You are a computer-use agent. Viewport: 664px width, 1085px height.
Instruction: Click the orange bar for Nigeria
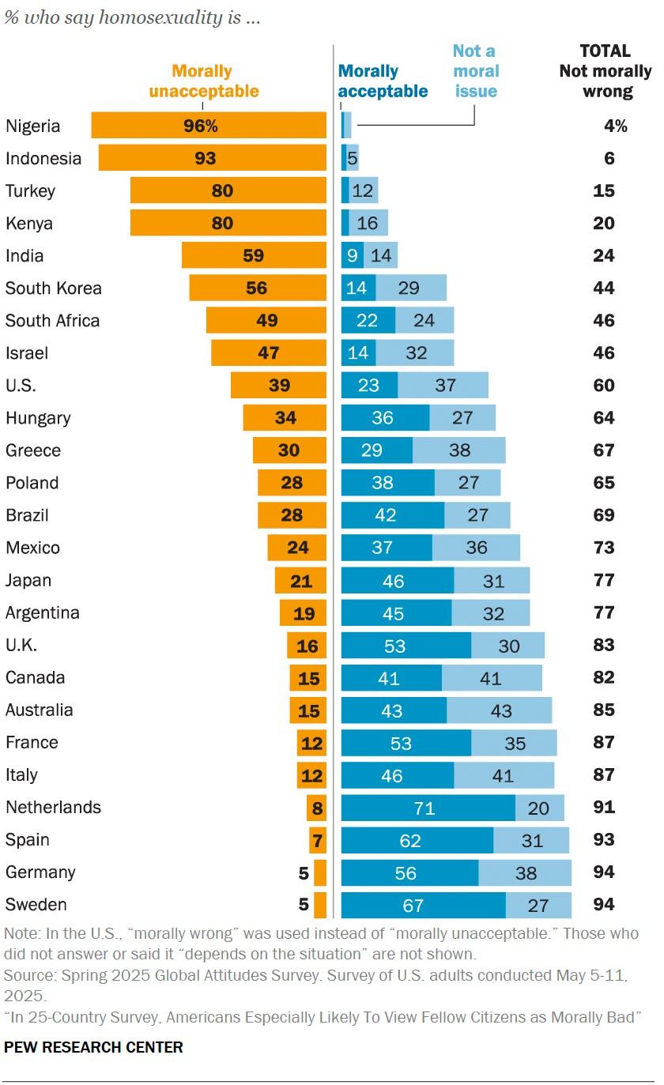coord(209,126)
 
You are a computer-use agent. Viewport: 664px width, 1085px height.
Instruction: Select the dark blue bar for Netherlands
coord(428,808)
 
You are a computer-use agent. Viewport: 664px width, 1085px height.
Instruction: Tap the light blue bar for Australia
coord(499,710)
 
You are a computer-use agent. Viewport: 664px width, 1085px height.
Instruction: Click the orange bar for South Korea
coord(257,288)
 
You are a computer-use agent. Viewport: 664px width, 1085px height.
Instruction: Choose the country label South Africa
coord(52,321)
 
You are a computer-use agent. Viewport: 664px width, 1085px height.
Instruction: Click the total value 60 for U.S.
coord(604,386)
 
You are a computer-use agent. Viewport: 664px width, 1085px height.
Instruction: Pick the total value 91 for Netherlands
coord(604,808)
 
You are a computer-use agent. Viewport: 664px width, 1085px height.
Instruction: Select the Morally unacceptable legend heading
coord(203,81)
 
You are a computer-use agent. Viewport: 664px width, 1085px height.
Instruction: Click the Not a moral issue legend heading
coord(475,71)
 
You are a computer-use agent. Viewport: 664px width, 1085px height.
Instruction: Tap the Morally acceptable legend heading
coord(383,81)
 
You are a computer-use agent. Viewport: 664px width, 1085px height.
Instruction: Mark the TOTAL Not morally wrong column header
coord(606,71)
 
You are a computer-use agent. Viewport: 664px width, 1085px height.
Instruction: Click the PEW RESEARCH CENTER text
coord(93,1048)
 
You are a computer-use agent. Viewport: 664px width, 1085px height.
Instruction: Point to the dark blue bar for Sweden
coord(423,905)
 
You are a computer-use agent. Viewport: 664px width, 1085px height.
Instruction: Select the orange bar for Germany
coord(320,872)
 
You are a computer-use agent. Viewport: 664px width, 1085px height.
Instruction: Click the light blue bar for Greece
coord(458,450)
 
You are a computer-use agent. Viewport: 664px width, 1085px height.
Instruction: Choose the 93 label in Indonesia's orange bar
coord(206,159)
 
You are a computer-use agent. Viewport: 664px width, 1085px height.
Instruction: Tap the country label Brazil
coord(27,515)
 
